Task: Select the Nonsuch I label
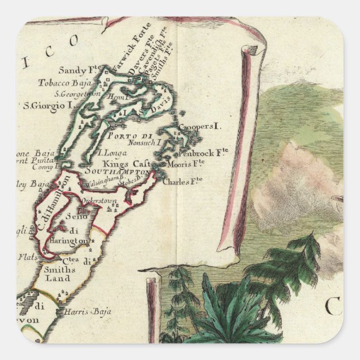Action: [x=145, y=143]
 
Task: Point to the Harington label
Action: [x=68, y=240]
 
